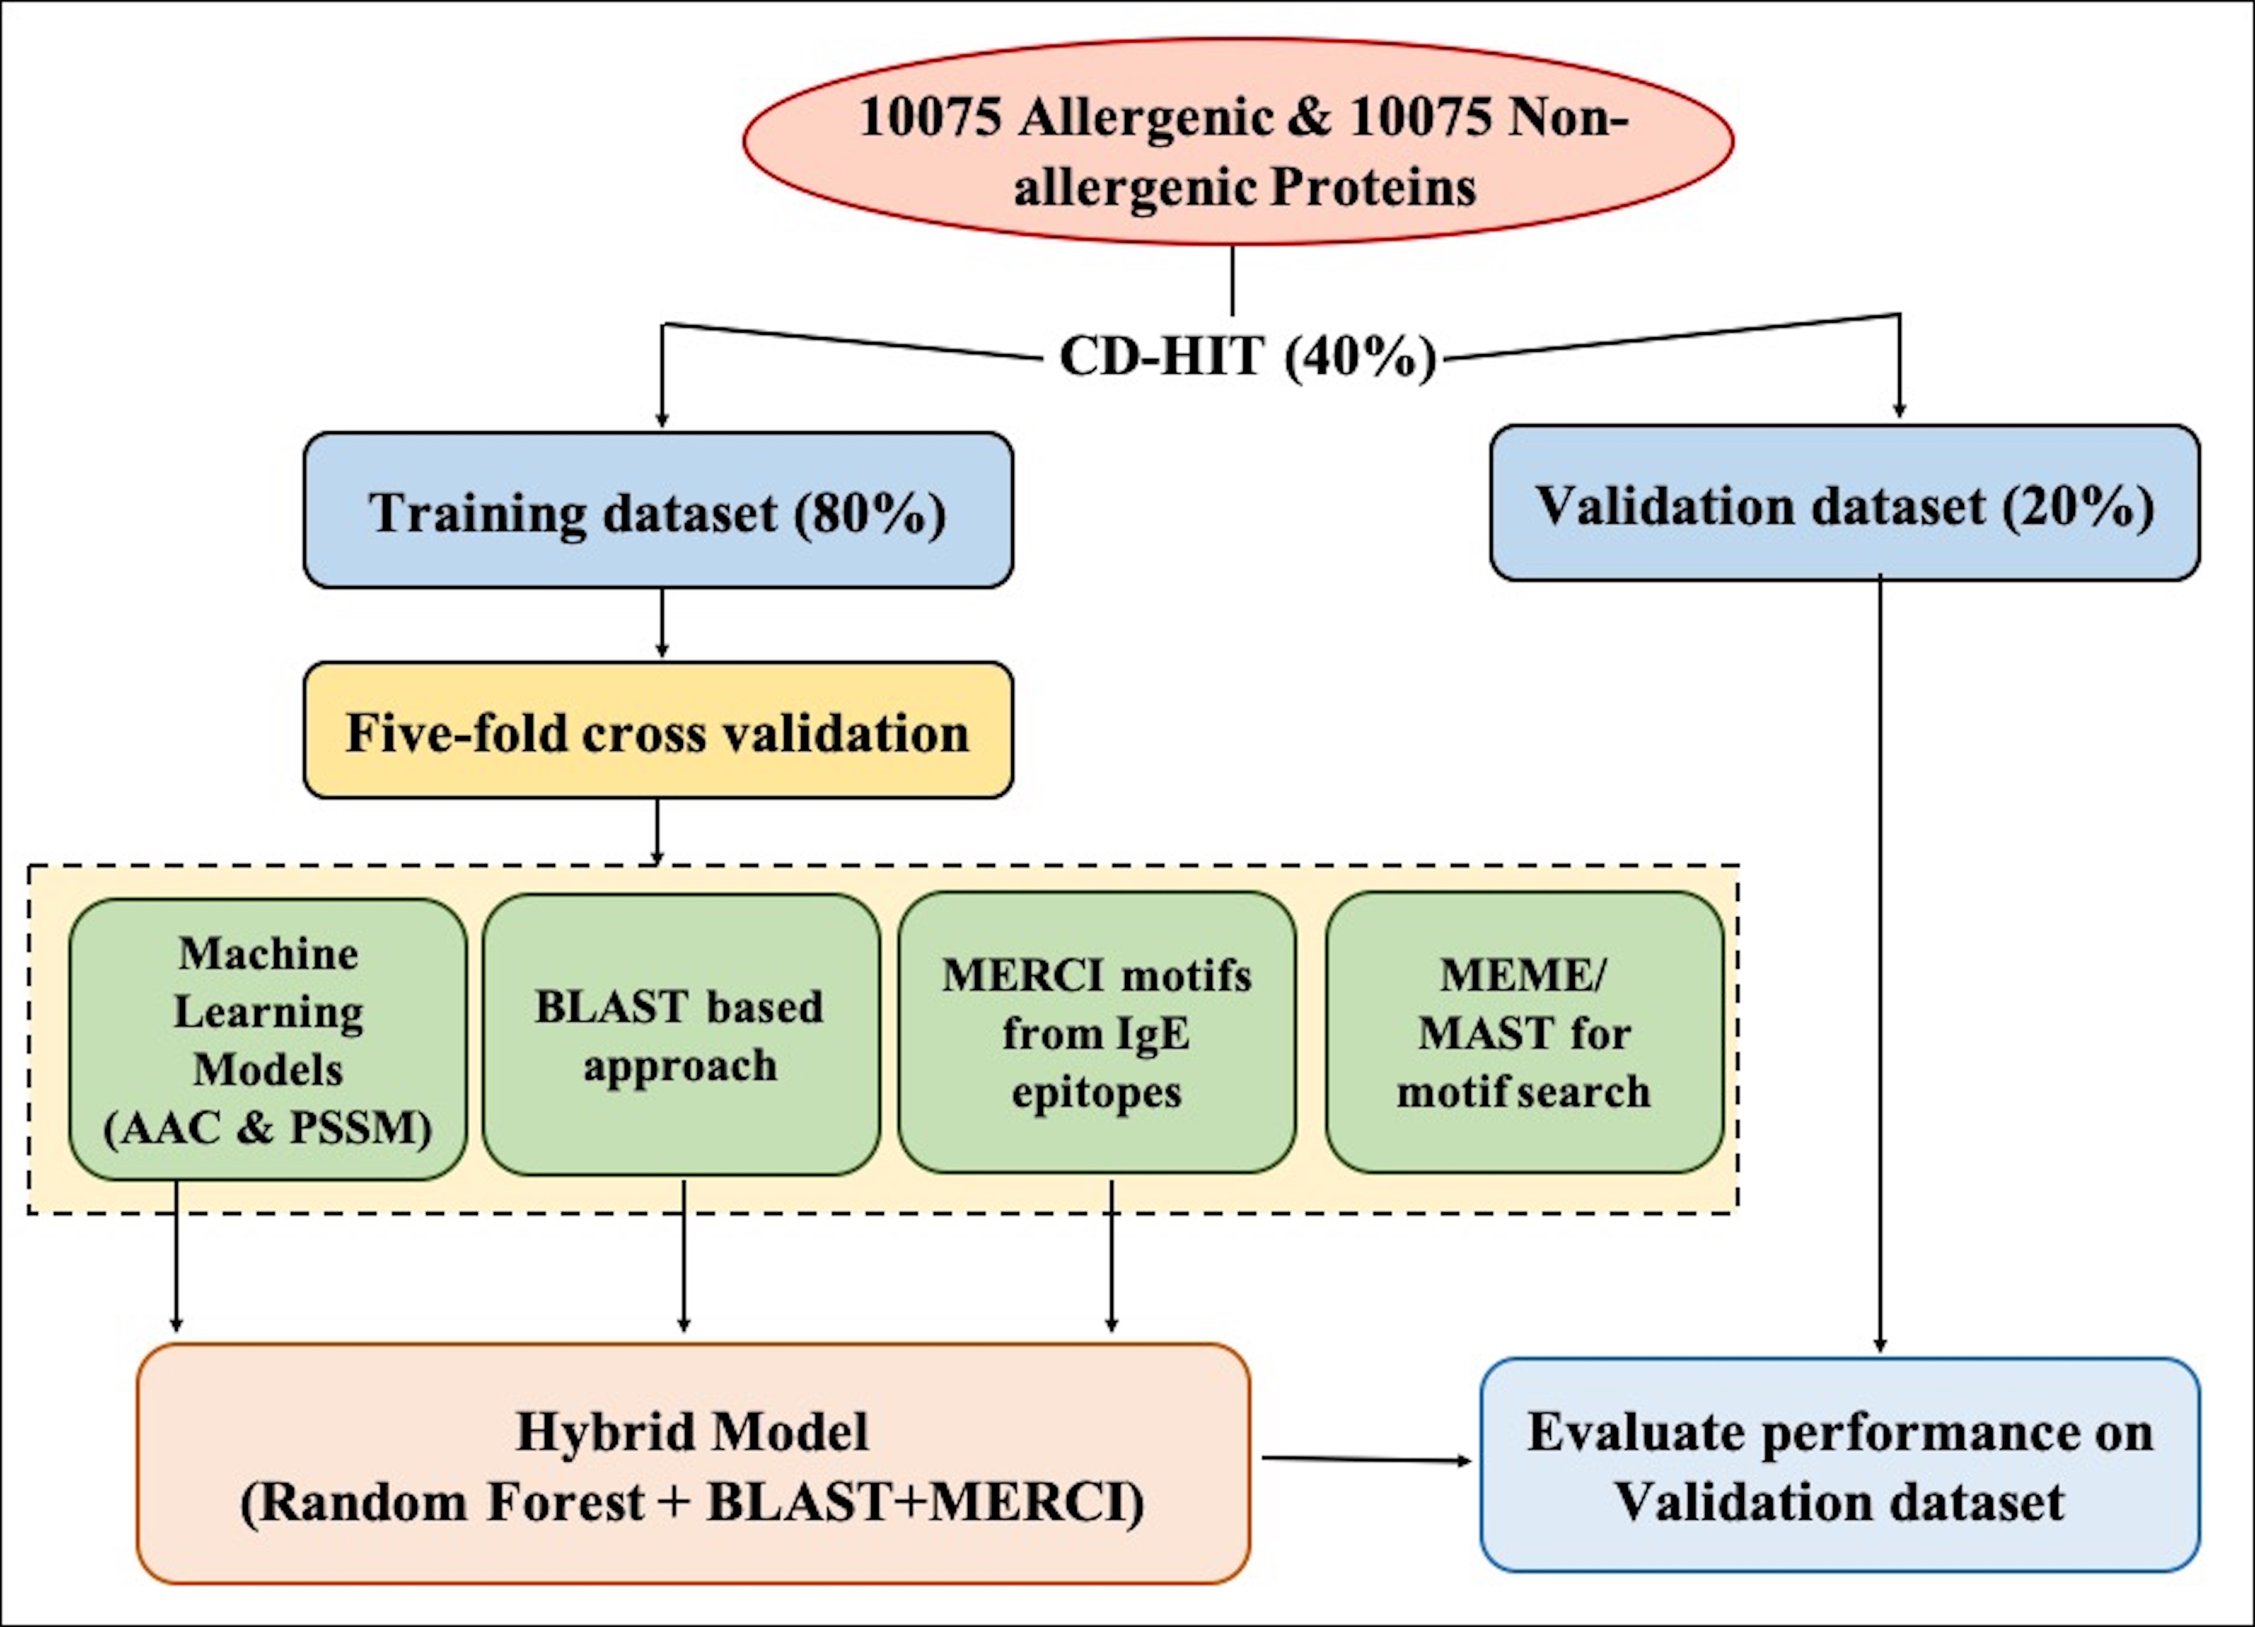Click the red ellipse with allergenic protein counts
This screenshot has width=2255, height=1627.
(1238, 142)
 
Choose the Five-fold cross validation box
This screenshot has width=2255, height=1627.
(658, 731)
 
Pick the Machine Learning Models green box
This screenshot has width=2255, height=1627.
(268, 1039)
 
